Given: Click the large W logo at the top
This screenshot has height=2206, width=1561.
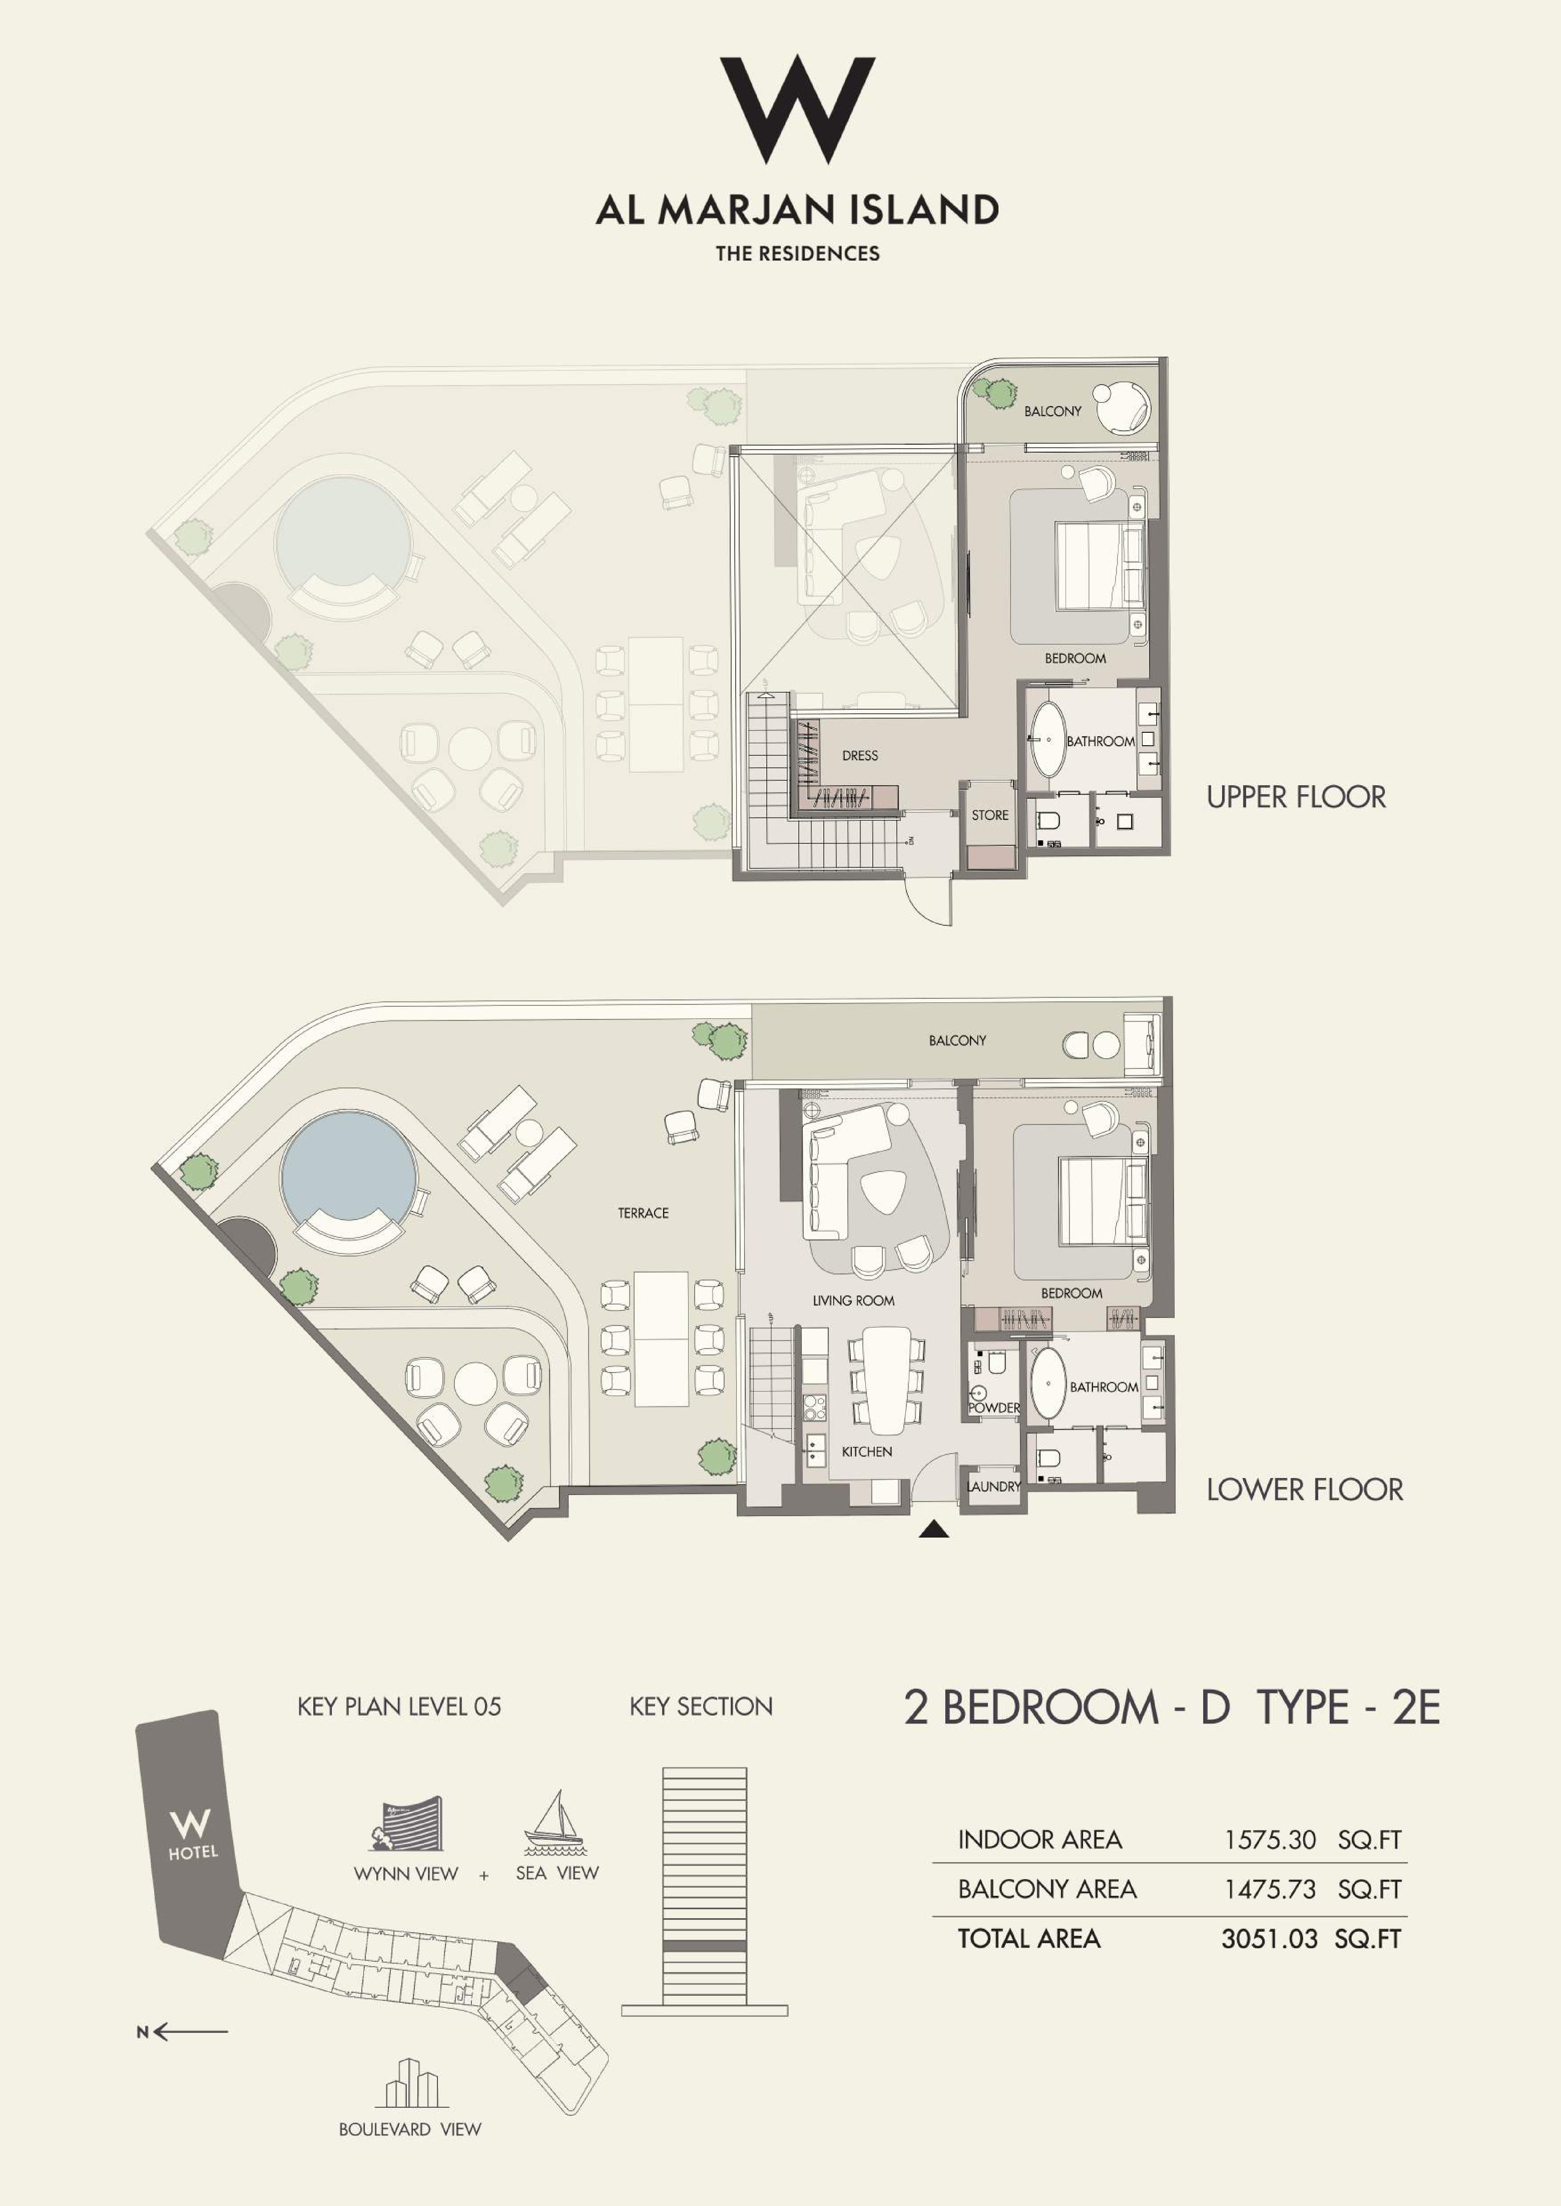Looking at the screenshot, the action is point(797,109).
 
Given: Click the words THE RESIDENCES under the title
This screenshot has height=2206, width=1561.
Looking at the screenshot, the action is point(797,254).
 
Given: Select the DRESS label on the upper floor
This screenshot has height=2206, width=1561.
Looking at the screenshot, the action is point(859,755).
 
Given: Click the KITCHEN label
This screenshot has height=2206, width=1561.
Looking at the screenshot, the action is point(866,1451).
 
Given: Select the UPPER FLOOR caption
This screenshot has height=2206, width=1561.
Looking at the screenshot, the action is point(1296,796).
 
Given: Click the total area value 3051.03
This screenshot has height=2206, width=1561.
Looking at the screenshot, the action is point(1269,1938).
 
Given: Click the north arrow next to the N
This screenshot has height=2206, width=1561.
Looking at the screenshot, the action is point(190,2031).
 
